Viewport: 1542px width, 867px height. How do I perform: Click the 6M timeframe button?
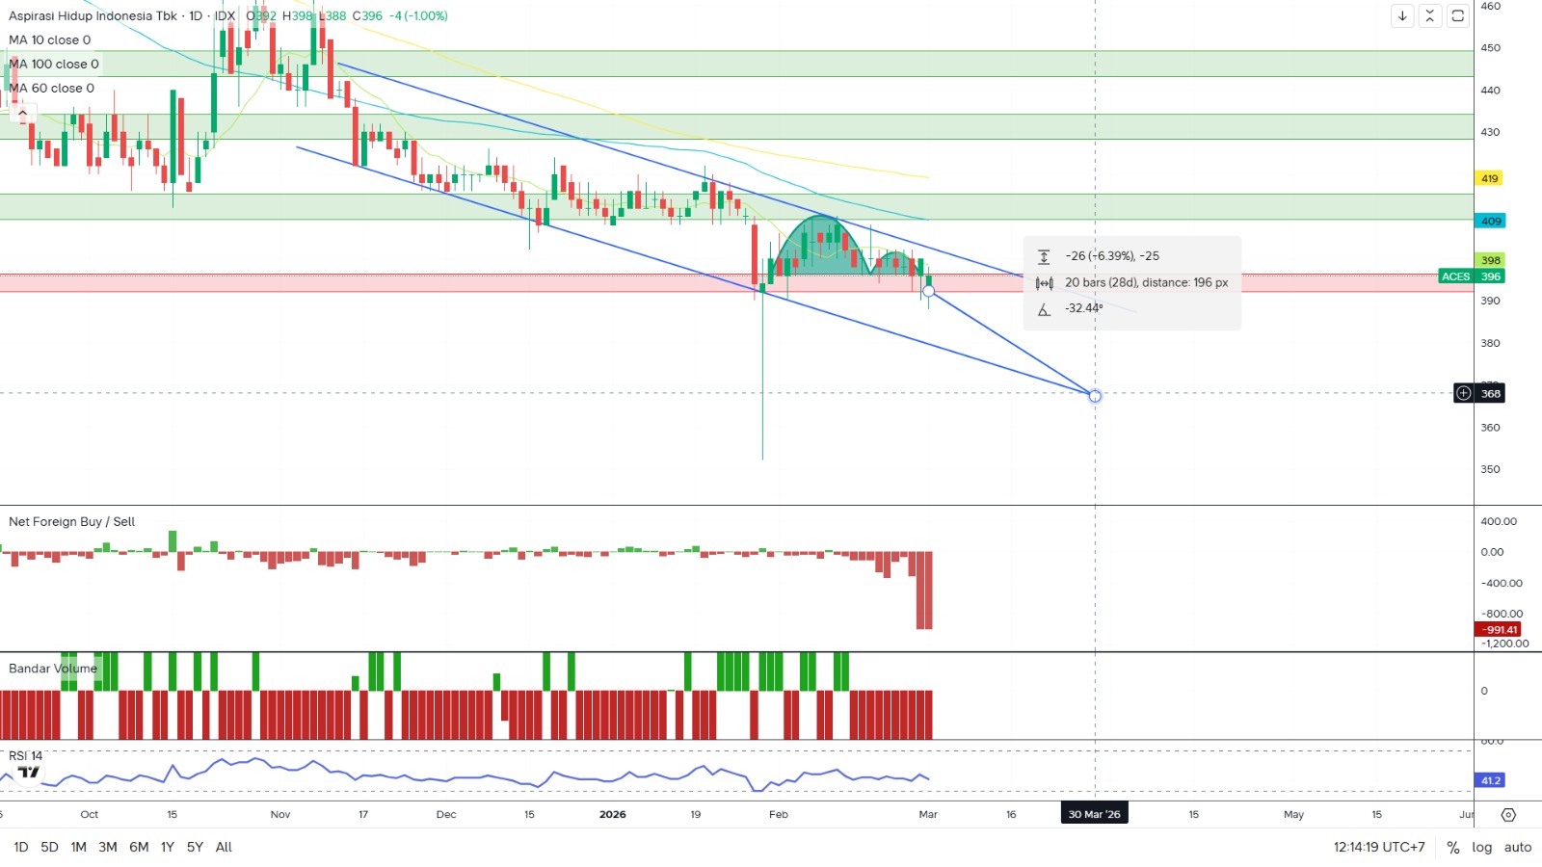[139, 847]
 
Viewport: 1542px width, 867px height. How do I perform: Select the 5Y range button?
[195, 847]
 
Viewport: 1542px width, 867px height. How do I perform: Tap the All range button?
[224, 847]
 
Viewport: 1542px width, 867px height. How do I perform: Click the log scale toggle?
[1481, 847]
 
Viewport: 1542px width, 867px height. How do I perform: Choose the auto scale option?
[1518, 847]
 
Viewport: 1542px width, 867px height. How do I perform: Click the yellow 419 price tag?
[1490, 178]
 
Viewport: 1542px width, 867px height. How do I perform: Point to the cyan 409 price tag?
[1490, 221]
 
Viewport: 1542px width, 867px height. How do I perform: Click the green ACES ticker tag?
[1455, 276]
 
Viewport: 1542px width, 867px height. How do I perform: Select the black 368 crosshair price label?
[1490, 393]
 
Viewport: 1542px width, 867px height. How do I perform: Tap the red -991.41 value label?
[1498, 629]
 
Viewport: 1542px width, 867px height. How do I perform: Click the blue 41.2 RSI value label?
[1490, 780]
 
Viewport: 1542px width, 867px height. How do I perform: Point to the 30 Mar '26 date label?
[1094, 814]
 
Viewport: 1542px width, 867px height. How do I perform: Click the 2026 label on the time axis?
[612, 814]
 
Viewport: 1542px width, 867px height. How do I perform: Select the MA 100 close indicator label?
[54, 64]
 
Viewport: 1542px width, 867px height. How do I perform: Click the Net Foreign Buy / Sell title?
[71, 521]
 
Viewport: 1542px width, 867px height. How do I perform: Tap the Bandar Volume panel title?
[53, 668]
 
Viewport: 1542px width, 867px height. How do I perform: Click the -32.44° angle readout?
[1083, 308]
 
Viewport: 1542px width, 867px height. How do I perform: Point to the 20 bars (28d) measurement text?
[1146, 282]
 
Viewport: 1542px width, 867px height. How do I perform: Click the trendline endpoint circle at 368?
[1095, 395]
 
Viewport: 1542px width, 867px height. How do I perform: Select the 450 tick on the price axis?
[1490, 47]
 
